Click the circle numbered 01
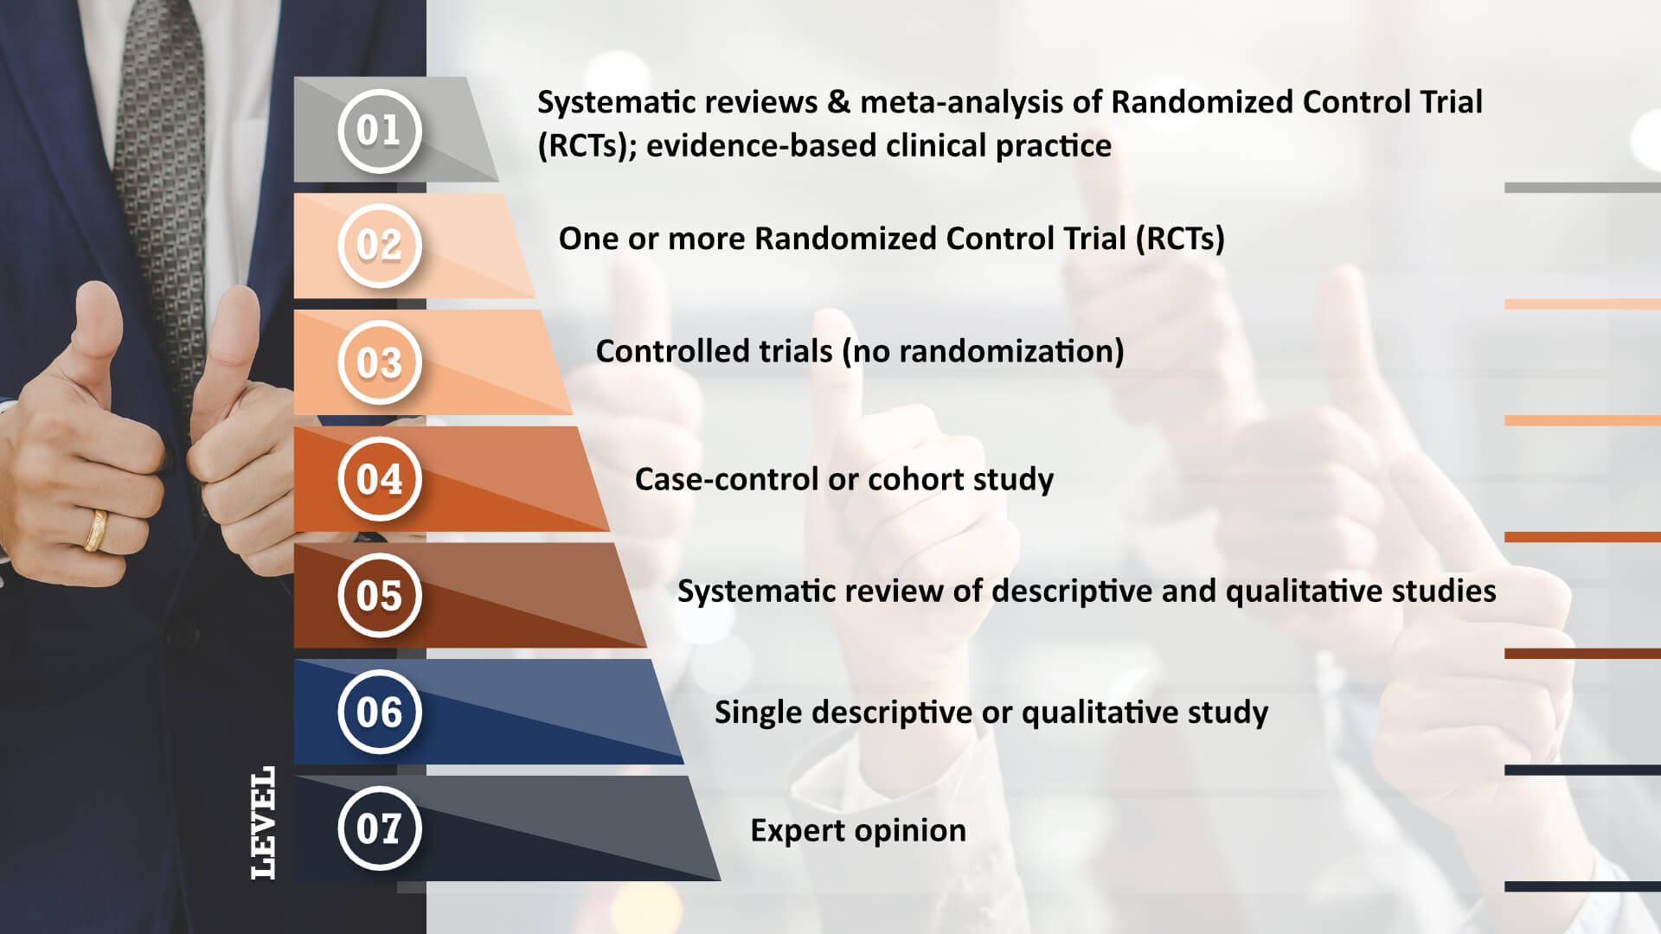379,131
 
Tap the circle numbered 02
379,246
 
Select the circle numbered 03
379,362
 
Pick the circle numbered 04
379,479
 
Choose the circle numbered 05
379,596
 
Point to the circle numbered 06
379,712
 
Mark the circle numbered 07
379,828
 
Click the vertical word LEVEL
263,822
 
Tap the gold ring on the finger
96,530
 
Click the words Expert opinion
858,831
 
